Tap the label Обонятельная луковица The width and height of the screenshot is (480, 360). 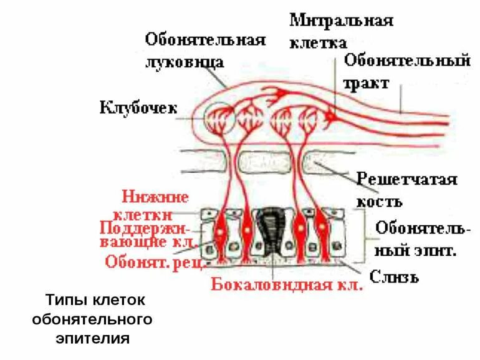coord(205,51)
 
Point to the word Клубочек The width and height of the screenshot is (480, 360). coord(138,108)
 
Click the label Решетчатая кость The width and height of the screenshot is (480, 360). coord(406,190)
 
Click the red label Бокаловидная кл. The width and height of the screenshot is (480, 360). coord(287,285)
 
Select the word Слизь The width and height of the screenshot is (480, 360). coord(395,275)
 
